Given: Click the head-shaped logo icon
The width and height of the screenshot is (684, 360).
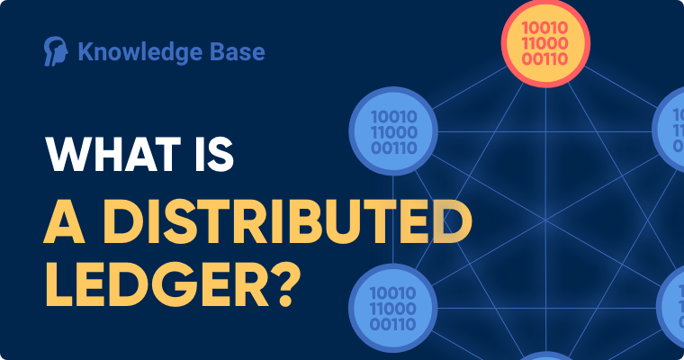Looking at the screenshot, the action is (x=56, y=51).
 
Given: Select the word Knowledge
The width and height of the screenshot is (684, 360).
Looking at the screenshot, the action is (x=139, y=52).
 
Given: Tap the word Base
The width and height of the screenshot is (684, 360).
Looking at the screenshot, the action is (x=237, y=51).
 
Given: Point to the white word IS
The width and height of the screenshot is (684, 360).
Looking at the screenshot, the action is (x=214, y=154).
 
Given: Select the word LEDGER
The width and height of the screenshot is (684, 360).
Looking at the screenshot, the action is (x=157, y=284).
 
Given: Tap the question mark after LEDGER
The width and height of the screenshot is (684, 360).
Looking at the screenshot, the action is (x=286, y=284).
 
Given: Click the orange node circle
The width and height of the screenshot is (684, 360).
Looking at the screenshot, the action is (x=545, y=43).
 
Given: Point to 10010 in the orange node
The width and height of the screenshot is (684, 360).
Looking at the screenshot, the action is (x=544, y=28).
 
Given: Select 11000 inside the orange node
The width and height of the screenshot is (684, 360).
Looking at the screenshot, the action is (x=544, y=43).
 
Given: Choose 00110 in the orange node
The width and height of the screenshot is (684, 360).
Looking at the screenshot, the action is (x=544, y=58).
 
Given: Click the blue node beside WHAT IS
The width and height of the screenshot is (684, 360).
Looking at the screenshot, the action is (x=393, y=131).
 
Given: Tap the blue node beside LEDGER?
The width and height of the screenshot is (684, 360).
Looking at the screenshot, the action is (x=393, y=308).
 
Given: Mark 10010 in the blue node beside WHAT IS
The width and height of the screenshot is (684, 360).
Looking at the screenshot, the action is (x=394, y=116).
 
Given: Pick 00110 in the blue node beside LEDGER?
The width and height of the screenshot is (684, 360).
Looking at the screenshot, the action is (x=392, y=324).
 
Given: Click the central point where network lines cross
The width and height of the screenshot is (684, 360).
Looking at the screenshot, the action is (x=545, y=220).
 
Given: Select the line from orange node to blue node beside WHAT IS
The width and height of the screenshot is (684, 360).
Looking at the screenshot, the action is (x=469, y=87).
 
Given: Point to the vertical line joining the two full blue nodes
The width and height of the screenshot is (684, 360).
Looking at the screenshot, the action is (x=393, y=220).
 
